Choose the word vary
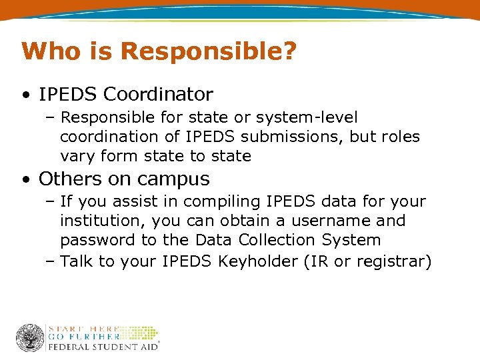[x=79, y=157]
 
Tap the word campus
[x=180, y=179]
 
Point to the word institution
[x=101, y=221]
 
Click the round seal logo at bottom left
[x=30, y=337]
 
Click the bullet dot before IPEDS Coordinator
[x=25, y=95]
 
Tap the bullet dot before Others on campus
[x=25, y=179]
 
